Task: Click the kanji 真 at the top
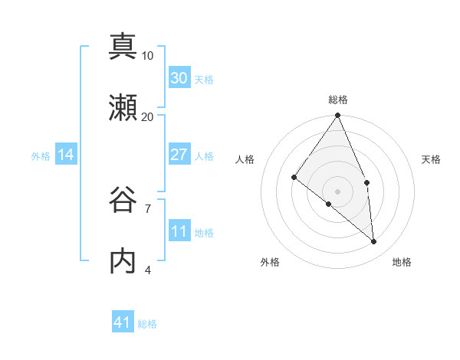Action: pos(123,46)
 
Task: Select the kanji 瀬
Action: pos(123,107)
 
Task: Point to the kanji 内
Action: pos(123,260)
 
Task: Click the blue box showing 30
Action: pos(179,78)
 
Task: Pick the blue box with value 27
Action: pos(179,155)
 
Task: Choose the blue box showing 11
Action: pos(179,231)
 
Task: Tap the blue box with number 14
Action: pos(66,155)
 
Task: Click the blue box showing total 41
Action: pos(123,323)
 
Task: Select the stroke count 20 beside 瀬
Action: pos(148,116)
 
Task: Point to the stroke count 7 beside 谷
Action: pos(148,208)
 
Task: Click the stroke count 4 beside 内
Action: pos(148,270)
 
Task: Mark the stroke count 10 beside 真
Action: pos(148,55)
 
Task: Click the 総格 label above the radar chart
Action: pos(338,100)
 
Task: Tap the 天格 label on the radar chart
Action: pos(432,159)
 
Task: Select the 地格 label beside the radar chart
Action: pos(402,262)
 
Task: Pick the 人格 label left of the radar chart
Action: pos(245,159)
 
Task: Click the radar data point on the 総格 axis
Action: pos(338,116)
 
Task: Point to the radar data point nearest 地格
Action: pos(373,241)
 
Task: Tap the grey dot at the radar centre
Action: pos(338,190)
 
